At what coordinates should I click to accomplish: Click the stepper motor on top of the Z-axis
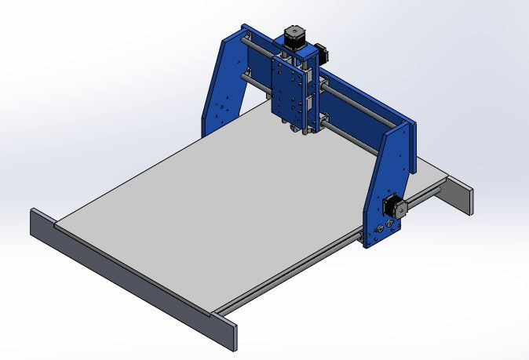[292, 39]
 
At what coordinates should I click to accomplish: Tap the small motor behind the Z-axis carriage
[322, 50]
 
